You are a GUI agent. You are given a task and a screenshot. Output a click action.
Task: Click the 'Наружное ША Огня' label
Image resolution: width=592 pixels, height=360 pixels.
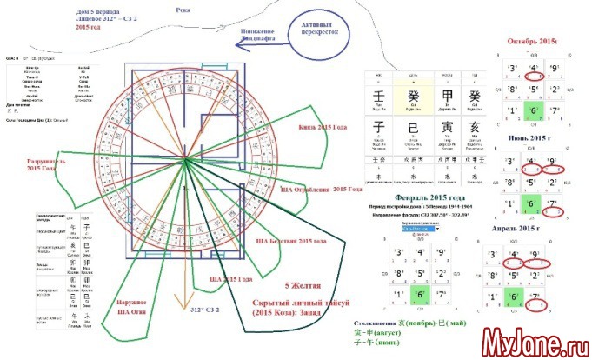pyautogui.click(x=131, y=307)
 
